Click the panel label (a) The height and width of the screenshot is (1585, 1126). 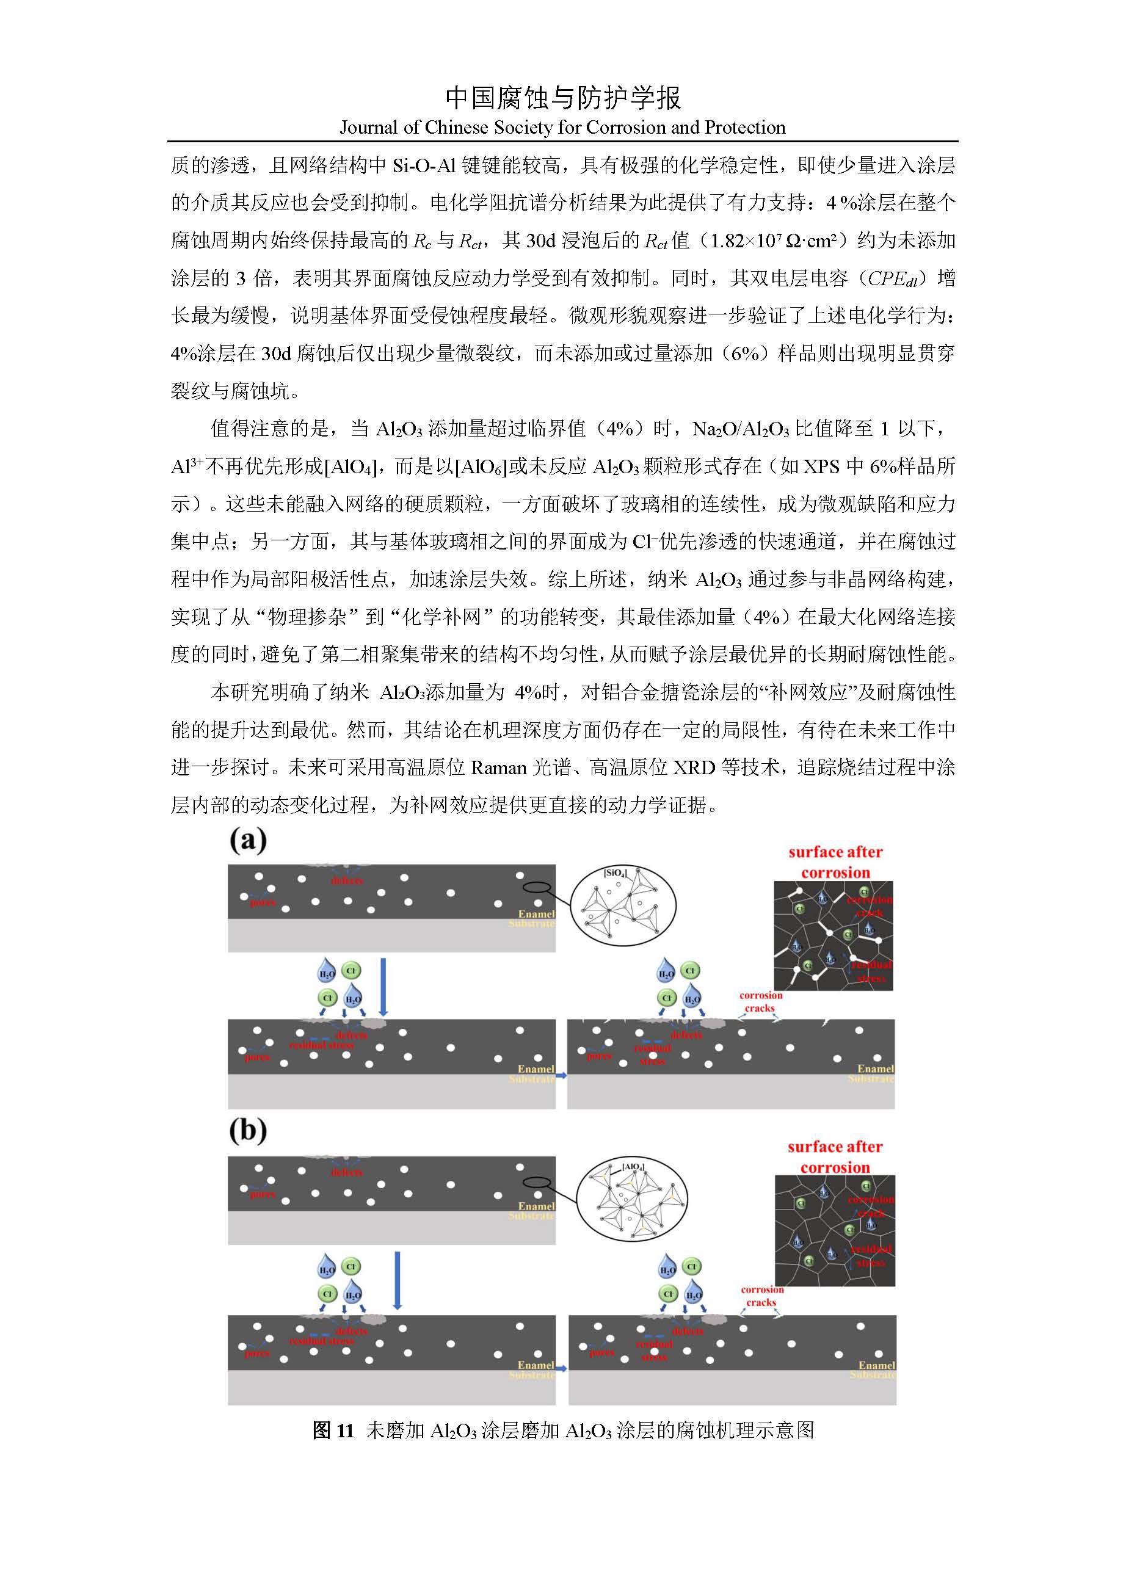tap(247, 840)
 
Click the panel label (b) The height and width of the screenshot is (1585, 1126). tap(247, 1130)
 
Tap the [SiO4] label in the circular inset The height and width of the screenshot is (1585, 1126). tap(614, 873)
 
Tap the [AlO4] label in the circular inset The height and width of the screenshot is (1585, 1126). tap(633, 1167)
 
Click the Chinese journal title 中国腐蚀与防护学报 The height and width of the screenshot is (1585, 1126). tap(562, 98)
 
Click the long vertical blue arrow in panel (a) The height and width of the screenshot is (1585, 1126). tap(383, 987)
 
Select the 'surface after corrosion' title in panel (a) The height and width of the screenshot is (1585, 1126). tap(835, 862)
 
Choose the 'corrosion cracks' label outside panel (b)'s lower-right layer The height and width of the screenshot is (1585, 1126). tap(761, 1296)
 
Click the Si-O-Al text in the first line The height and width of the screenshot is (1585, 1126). tap(424, 165)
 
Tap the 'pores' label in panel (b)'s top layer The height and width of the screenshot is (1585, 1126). tap(262, 1195)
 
